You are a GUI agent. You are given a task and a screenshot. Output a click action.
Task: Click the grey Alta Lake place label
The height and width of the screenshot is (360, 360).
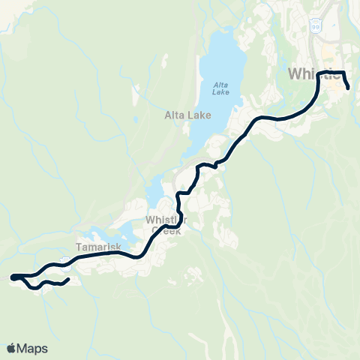pos(187,115)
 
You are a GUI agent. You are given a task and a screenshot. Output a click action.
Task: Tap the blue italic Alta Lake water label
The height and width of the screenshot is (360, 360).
pos(220,88)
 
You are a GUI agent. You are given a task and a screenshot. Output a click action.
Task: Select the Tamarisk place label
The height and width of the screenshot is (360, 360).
pos(93,246)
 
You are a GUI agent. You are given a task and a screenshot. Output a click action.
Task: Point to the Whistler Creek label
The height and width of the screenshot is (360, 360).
pos(165,225)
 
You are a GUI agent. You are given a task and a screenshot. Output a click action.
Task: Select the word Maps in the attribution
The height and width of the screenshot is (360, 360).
pos(33,348)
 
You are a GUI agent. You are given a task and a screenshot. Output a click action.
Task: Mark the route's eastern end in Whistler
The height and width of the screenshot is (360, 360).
pos(349,88)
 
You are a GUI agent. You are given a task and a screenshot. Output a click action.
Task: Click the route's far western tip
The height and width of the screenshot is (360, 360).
pos(12,277)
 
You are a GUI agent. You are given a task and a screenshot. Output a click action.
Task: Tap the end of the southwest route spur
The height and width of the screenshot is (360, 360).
pos(68,280)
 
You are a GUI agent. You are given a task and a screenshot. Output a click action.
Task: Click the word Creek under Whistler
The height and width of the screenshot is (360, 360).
pos(166,231)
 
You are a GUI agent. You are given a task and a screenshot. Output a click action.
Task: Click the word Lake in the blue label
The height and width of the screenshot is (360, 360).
pos(220,92)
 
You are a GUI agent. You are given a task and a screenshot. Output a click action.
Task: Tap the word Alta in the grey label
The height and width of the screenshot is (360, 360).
pos(175,115)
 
